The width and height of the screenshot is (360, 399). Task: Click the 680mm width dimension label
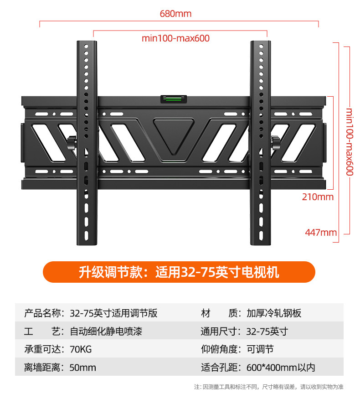click(x=175, y=14)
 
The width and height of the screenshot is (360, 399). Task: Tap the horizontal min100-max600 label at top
click(x=175, y=38)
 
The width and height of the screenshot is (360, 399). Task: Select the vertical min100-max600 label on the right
click(x=350, y=141)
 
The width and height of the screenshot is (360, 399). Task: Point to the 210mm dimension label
click(x=318, y=197)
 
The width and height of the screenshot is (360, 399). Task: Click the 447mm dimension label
click(x=321, y=233)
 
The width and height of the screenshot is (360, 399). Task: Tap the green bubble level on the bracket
click(x=173, y=98)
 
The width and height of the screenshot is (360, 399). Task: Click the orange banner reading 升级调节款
click(x=179, y=272)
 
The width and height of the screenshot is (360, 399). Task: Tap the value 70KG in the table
click(x=81, y=349)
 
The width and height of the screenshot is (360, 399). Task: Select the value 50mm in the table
click(x=82, y=367)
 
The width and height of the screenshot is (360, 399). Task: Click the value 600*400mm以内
click(x=281, y=367)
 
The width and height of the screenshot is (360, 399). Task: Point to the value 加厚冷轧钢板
click(x=274, y=313)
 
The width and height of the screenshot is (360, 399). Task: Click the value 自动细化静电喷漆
click(x=106, y=332)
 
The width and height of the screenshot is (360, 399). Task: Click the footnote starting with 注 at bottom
click(x=268, y=387)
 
